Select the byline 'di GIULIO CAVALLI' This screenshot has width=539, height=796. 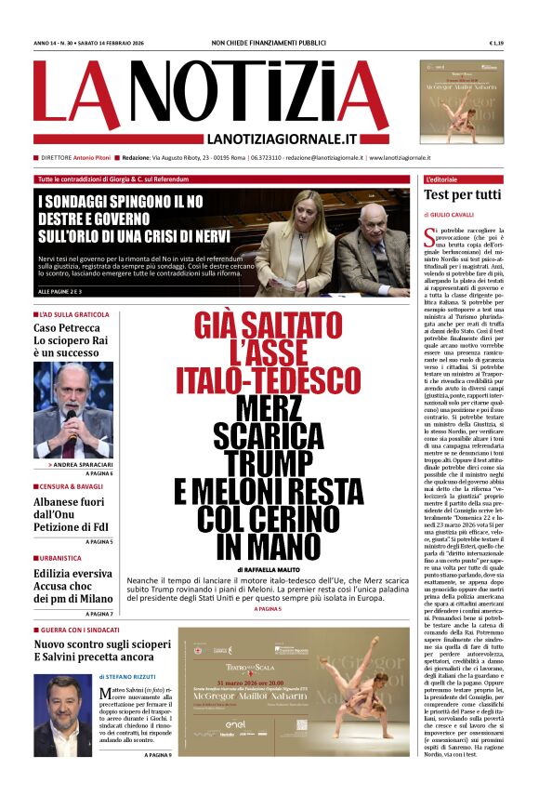pyautogui.click(x=452, y=215)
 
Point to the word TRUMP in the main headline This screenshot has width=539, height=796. pyautogui.click(x=252, y=463)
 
